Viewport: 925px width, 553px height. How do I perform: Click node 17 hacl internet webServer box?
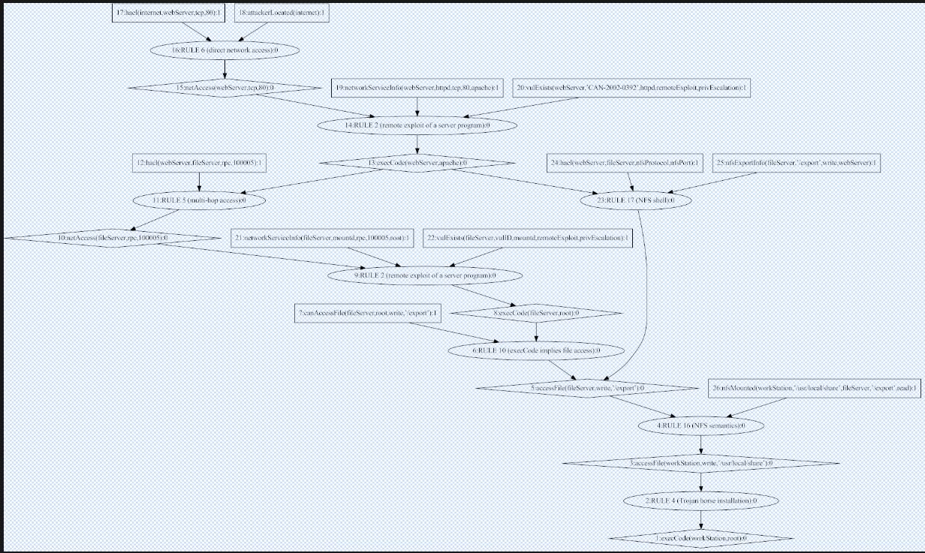[172, 13]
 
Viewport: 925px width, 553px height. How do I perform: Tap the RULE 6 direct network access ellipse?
[224, 50]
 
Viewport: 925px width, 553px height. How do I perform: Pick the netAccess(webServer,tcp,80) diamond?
[224, 88]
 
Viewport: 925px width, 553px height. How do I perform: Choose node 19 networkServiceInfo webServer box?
[417, 88]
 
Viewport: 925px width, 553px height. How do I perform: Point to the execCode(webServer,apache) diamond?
[417, 162]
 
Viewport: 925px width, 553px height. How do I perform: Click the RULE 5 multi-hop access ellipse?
[199, 201]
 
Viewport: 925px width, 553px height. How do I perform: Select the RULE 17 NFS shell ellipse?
[636, 201]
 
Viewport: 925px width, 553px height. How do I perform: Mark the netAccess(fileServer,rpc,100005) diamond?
[113, 238]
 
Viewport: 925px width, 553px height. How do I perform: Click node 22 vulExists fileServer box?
[528, 238]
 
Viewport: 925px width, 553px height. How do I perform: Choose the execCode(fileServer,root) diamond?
[535, 312]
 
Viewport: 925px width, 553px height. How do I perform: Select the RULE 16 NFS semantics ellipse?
[701, 425]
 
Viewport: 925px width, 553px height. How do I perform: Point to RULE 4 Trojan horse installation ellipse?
[701, 500]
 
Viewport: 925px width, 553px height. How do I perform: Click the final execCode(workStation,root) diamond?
[701, 538]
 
